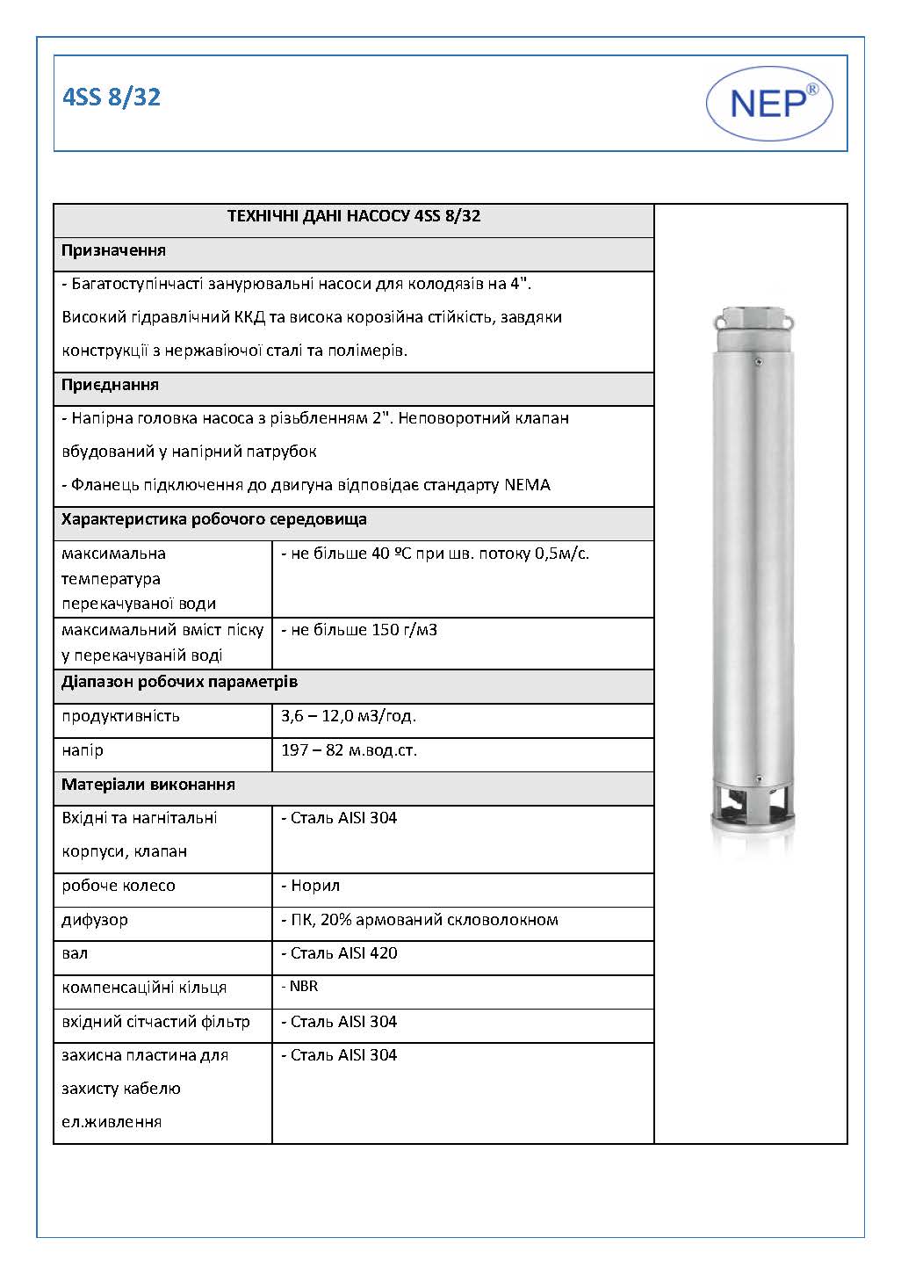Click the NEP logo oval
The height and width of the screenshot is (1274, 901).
coord(769,104)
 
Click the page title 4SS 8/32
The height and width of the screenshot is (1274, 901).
coord(112,98)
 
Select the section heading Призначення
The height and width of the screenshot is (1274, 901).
coord(113,251)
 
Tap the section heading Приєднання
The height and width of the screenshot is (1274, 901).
coord(110,385)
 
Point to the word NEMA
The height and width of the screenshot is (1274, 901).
coord(527,485)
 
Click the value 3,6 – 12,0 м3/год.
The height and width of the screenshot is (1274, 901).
coord(349,716)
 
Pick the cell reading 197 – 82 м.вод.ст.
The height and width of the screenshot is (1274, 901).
coord(349,750)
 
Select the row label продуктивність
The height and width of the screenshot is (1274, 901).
coord(120,716)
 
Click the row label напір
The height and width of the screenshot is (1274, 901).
coord(83,750)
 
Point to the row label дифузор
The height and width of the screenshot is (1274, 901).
coord(95,920)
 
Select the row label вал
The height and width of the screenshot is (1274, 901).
coord(75,953)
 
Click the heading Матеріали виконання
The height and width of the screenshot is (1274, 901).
coord(148,785)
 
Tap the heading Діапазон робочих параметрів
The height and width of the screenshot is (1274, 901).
coord(179,682)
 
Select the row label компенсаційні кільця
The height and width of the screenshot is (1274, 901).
coord(144,988)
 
